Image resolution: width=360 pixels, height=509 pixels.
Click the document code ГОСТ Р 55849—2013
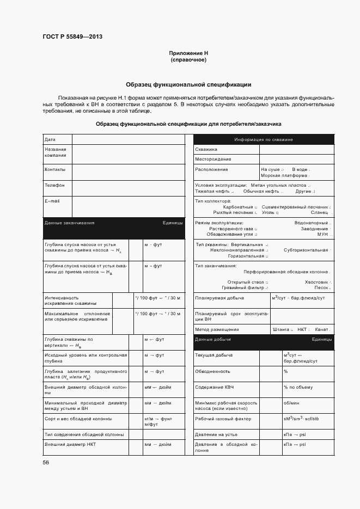click(72, 37)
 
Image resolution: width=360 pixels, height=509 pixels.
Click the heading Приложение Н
click(188, 53)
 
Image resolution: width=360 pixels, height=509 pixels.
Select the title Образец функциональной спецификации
click(188, 84)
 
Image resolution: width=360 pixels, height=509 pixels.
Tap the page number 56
click(46, 462)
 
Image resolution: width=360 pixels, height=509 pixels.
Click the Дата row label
click(50, 140)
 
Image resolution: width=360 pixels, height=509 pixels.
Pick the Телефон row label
click(54, 185)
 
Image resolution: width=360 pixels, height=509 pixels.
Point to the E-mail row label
click(52, 201)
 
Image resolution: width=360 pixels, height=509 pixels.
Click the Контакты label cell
click(54, 169)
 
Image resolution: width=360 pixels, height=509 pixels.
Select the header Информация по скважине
click(264, 140)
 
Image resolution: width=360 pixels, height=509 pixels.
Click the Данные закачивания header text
click(69, 223)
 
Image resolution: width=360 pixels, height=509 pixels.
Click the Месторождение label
click(213, 159)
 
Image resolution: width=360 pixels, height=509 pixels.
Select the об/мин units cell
click(291, 403)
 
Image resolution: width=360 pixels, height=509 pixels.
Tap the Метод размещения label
click(217, 329)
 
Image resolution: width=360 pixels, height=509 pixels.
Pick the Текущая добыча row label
click(214, 355)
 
